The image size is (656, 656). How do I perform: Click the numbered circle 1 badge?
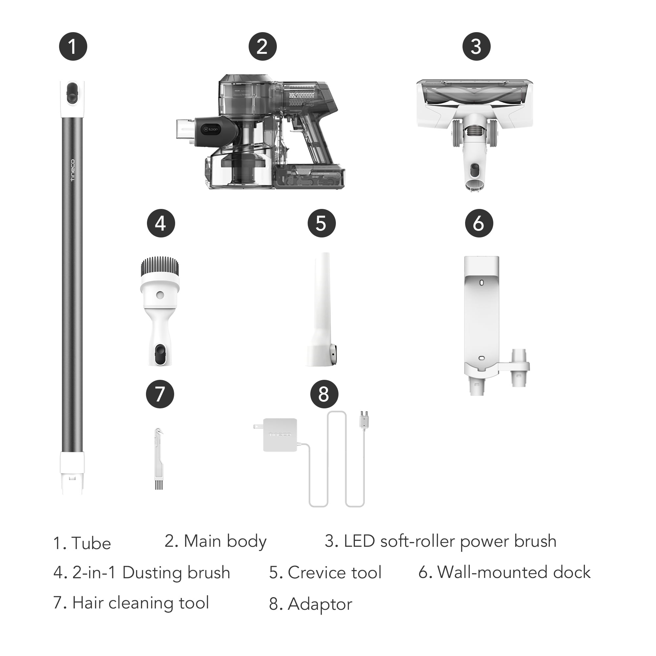pos(73,47)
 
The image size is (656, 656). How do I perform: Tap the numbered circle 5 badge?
pos(321,223)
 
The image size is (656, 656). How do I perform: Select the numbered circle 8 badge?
pos(324,394)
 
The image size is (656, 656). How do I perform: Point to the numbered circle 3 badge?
pos(476,47)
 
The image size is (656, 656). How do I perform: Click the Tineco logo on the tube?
pos(72,170)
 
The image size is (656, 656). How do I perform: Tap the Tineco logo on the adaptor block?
pos(280,434)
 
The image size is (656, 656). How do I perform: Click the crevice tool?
pos(321,309)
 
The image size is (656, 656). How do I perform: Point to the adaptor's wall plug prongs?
pos(258,426)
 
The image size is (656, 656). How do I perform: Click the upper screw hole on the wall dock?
pos(481,282)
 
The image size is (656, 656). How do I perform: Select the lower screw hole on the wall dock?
pos(481,358)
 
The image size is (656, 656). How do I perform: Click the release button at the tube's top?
pos(72,92)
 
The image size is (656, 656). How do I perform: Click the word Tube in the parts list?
pos(91,543)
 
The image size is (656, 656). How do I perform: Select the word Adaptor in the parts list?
pos(320,604)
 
